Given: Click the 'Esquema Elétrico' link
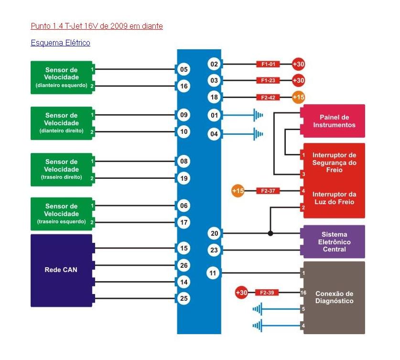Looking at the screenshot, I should click(60, 43).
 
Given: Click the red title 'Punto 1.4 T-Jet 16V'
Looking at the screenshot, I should click(97, 26).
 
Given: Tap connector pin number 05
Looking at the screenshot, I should click(184, 69).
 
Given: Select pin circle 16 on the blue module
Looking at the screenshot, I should click(184, 87).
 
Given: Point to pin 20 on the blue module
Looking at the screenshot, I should click(214, 233).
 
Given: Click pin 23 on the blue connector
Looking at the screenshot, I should click(214, 250).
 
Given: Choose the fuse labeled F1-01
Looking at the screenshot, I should click(268, 64).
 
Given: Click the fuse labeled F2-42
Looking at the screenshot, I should click(268, 98).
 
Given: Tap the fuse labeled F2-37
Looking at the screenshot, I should click(268, 191).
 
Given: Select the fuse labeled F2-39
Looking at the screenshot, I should click(268, 293).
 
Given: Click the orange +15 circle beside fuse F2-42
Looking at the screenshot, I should click(298, 98).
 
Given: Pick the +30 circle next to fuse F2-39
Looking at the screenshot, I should click(241, 293).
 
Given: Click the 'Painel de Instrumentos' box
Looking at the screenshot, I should click(334, 121).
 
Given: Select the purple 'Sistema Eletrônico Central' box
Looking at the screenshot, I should click(334, 242).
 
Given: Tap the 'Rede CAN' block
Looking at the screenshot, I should click(61, 270).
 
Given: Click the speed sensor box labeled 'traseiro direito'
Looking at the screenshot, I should click(61, 169).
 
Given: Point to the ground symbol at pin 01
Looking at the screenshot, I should click(259, 115).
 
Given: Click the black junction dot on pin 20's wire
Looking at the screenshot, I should click(270, 233).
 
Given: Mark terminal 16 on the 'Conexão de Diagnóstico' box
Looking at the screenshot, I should click(303, 293).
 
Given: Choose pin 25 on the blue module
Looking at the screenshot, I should click(184, 298).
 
